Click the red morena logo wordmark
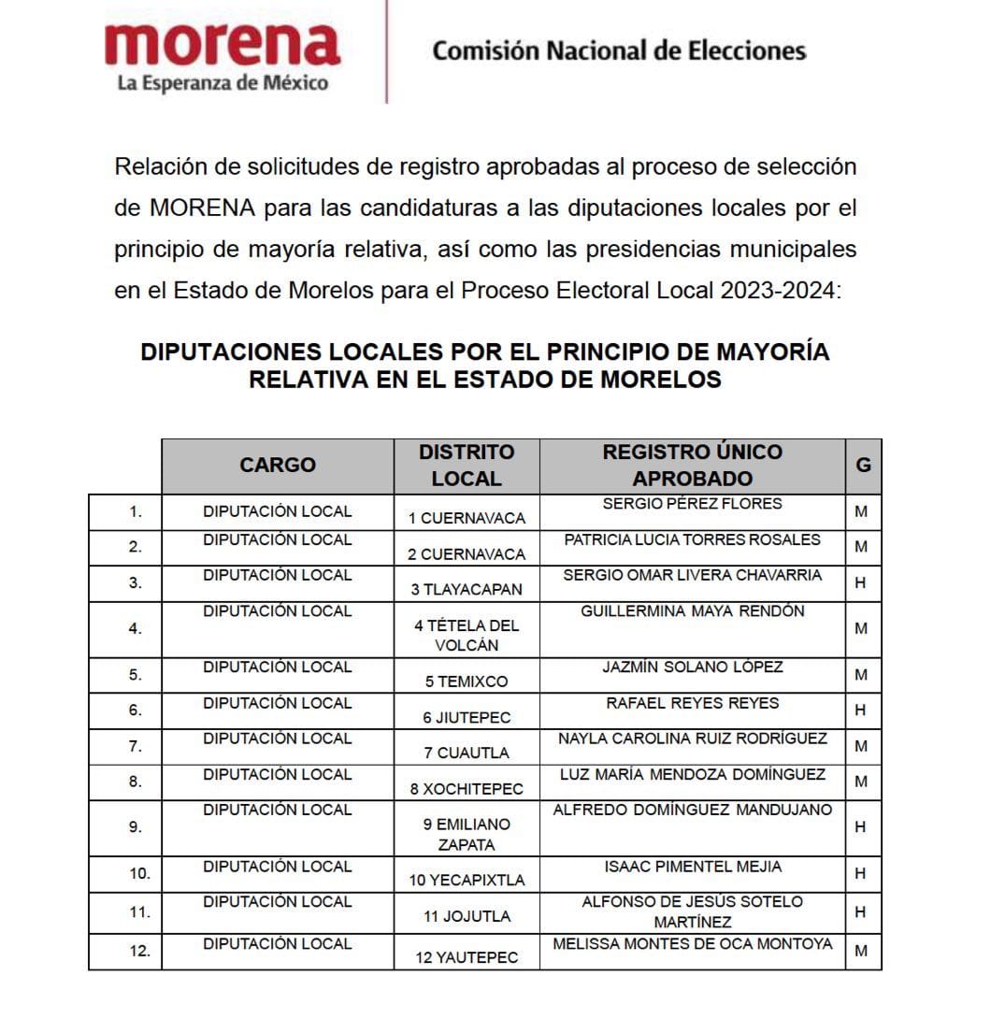(222, 44)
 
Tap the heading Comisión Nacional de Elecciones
(618, 50)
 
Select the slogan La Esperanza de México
(223, 83)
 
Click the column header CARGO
(278, 465)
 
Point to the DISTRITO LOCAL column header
(466, 465)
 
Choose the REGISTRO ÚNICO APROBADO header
(692, 465)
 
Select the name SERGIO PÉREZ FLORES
(692, 504)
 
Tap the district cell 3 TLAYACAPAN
(466, 590)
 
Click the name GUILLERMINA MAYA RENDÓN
(692, 611)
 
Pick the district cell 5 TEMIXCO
(466, 681)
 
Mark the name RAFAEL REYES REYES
(692, 703)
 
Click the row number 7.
(136, 746)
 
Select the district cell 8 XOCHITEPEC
(466, 789)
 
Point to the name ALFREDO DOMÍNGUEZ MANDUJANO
(692, 810)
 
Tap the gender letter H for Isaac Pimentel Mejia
(861, 874)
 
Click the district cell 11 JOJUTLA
(466, 916)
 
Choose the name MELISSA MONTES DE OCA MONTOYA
(692, 944)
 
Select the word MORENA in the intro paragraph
(202, 208)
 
